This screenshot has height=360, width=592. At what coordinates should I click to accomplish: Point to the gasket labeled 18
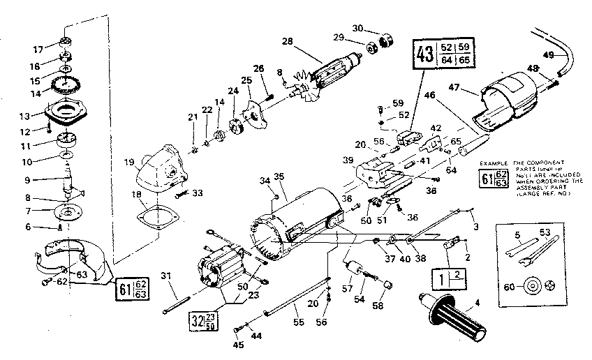point(163,216)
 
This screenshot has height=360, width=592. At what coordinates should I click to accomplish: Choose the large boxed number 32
point(196,322)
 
